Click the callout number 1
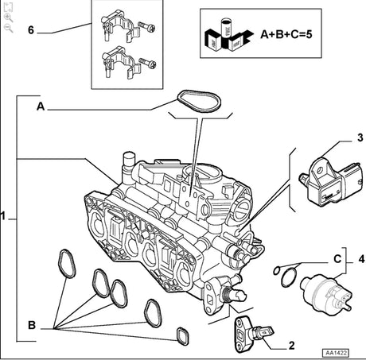[6, 215]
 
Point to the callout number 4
[360, 258]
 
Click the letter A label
[41, 103]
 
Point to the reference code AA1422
[339, 352]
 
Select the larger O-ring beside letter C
[290, 278]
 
